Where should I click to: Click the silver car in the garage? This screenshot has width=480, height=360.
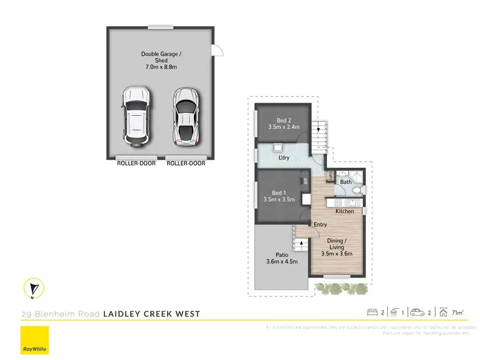(x=185, y=116)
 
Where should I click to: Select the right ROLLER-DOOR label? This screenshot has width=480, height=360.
(x=186, y=163)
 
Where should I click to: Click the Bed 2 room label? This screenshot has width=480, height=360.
(x=284, y=124)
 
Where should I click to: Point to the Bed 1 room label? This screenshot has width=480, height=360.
(x=278, y=196)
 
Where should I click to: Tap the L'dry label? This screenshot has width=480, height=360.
(x=284, y=157)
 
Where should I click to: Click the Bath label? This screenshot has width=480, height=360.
(x=346, y=182)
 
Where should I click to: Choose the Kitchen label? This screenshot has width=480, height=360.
(x=344, y=211)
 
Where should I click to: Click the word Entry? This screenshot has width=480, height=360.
(x=320, y=224)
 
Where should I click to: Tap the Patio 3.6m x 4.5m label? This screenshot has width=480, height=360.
(x=282, y=258)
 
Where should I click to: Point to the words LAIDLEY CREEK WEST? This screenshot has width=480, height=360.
(x=152, y=314)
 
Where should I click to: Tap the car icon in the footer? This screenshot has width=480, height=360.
(x=418, y=313)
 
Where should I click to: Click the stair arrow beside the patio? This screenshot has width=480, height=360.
(x=301, y=243)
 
